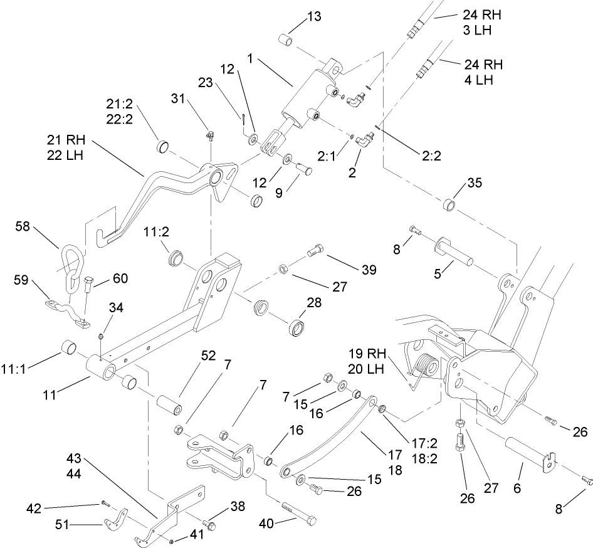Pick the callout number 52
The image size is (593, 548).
click(208, 356)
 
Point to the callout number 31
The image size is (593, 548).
click(179, 98)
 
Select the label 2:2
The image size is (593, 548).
click(429, 156)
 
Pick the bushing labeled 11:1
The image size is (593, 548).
click(68, 347)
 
